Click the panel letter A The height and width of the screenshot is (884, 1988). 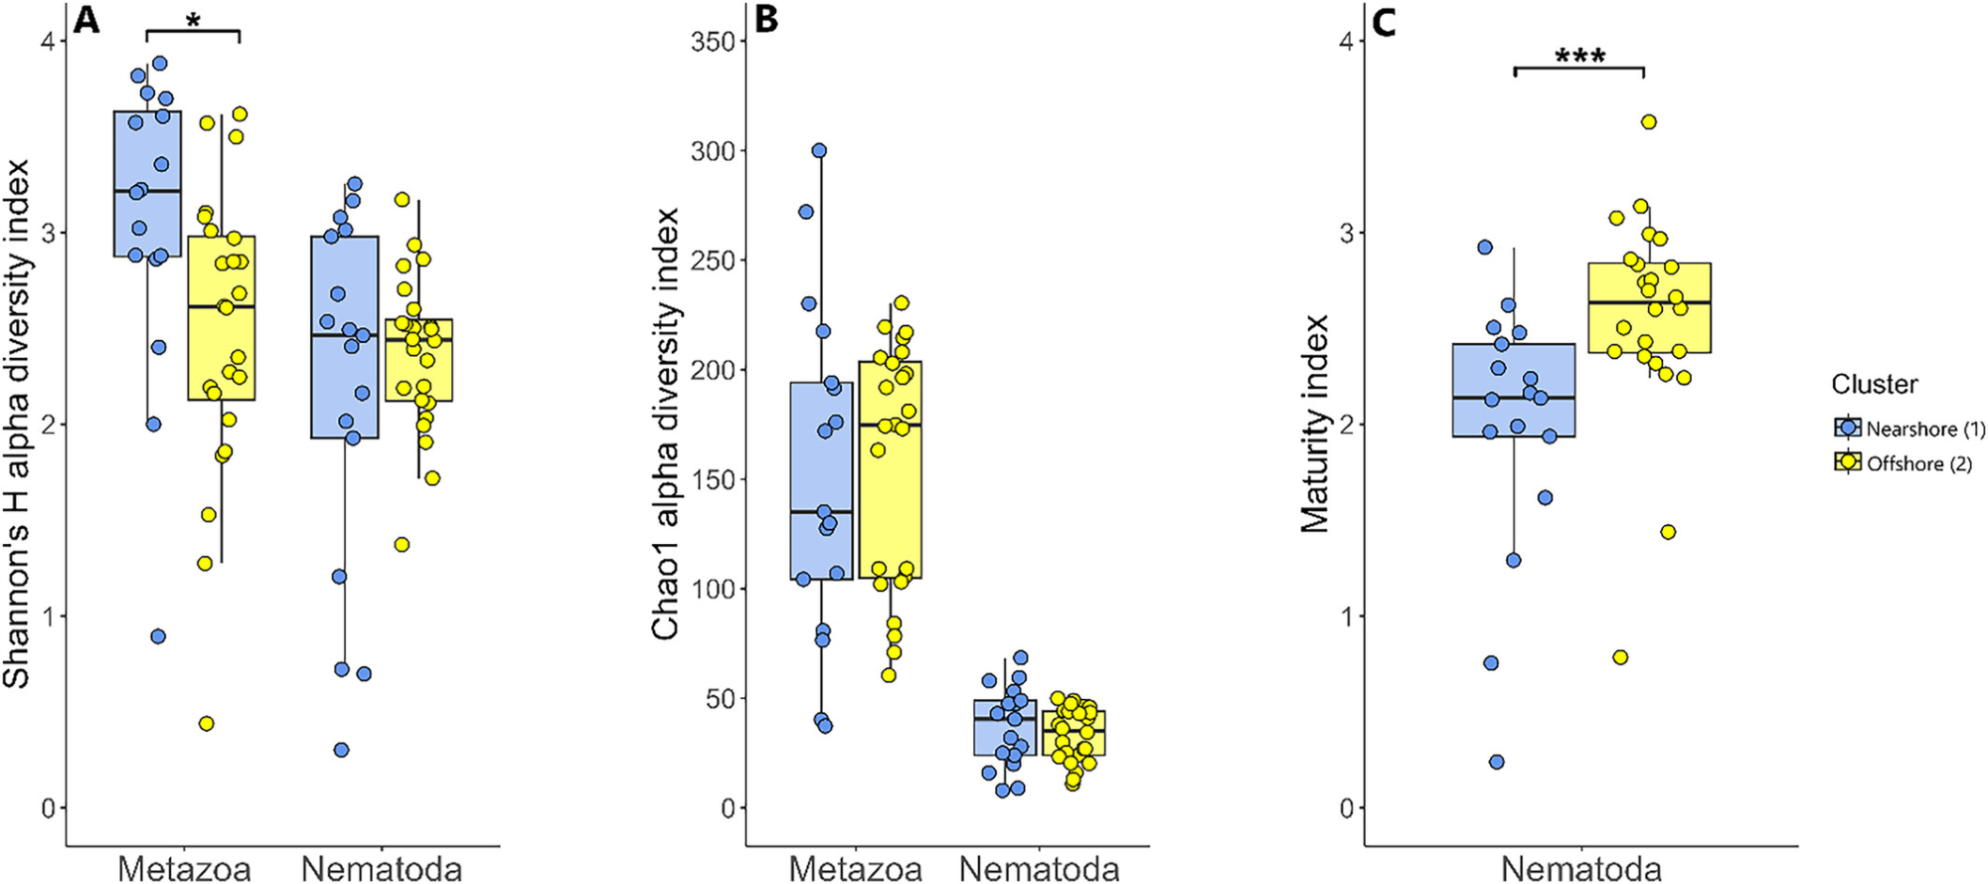pyautogui.click(x=86, y=20)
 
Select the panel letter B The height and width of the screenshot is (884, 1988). pyautogui.click(x=766, y=20)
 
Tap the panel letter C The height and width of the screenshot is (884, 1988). pyautogui.click(x=1383, y=22)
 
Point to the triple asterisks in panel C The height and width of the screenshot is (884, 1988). pyautogui.click(x=1579, y=57)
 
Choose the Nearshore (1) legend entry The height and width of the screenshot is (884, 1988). pyautogui.click(x=1908, y=429)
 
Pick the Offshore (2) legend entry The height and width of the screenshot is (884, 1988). pyautogui.click(x=1903, y=463)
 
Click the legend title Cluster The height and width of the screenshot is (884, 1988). pyautogui.click(x=1875, y=384)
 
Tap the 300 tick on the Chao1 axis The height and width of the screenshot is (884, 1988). pyautogui.click(x=712, y=151)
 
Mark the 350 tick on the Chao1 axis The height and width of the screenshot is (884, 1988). pyautogui.click(x=712, y=42)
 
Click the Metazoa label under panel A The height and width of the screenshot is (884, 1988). pyautogui.click(x=184, y=868)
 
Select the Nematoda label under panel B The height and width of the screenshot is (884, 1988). pyautogui.click(x=1039, y=868)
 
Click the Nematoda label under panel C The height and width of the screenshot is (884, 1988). pyautogui.click(x=1580, y=868)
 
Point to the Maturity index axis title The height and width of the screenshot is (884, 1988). pyautogui.click(x=1316, y=424)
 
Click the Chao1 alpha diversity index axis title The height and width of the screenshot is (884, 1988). pyautogui.click(x=665, y=424)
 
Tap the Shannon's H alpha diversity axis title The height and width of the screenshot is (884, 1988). pyautogui.click(x=17, y=424)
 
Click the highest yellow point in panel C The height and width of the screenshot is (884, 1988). pyautogui.click(x=1648, y=122)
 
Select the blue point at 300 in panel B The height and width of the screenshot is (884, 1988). pyautogui.click(x=820, y=151)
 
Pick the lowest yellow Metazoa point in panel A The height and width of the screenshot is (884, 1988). pyautogui.click(x=207, y=723)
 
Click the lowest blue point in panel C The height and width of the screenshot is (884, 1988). pyautogui.click(x=1496, y=762)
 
